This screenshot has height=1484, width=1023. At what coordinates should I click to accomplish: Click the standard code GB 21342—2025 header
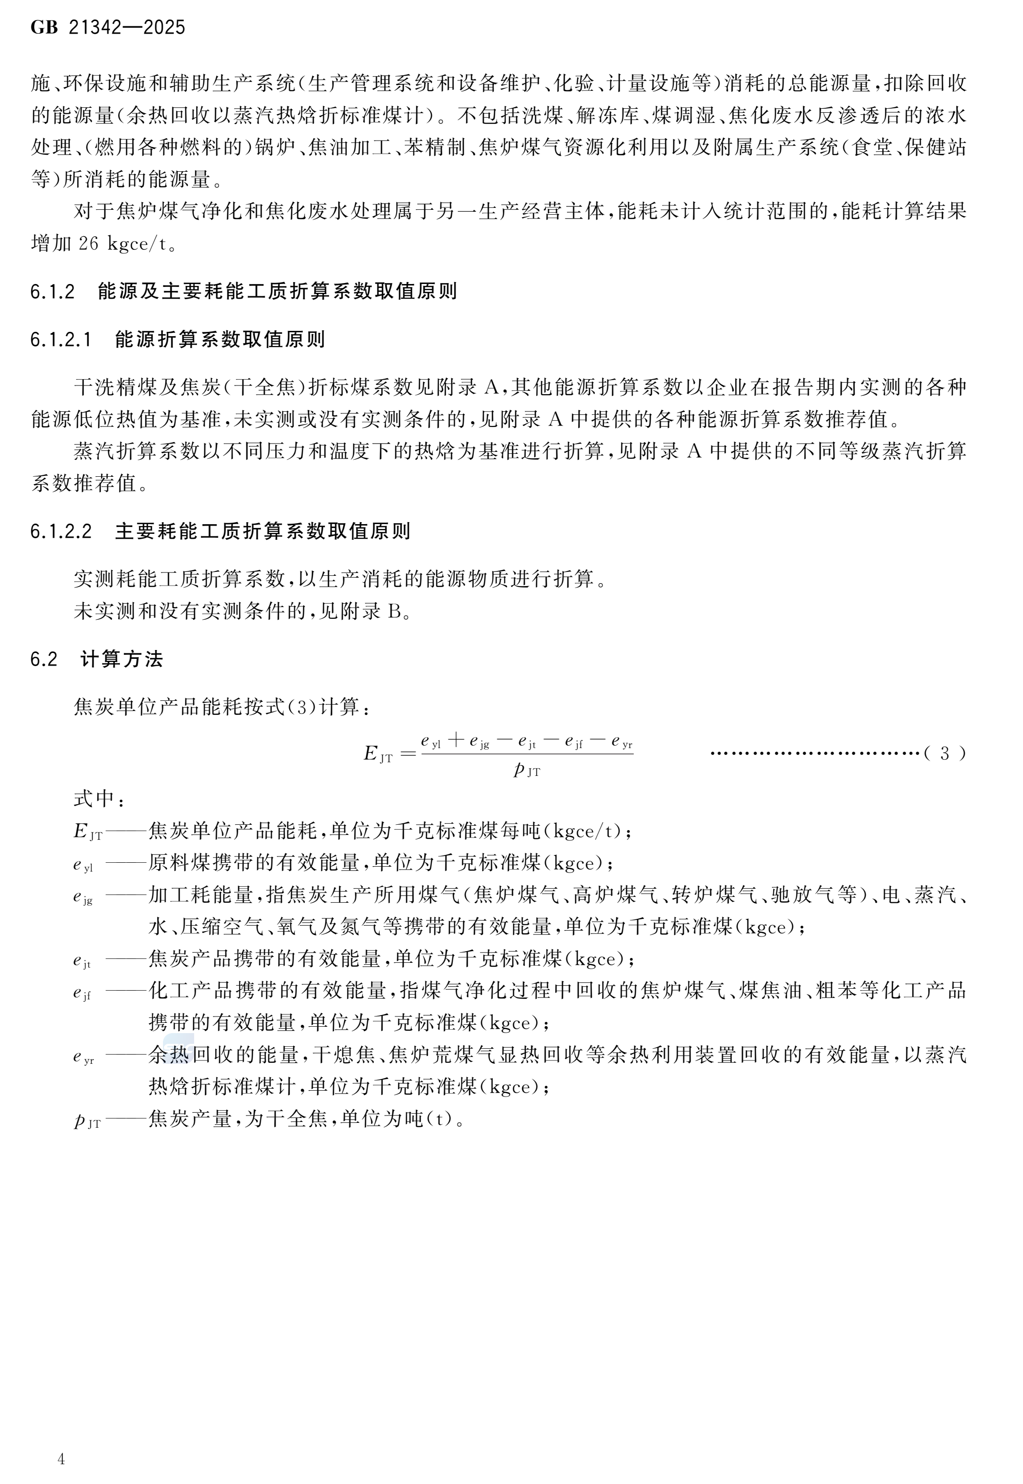108,27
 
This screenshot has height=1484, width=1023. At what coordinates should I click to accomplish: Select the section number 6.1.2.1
61,339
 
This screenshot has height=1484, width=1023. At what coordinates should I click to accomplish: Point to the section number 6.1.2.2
61,531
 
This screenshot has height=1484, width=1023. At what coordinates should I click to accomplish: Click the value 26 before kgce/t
88,244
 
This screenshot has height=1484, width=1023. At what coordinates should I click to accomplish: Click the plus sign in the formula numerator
456,740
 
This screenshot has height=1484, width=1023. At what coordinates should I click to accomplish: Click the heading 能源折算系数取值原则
220,339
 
